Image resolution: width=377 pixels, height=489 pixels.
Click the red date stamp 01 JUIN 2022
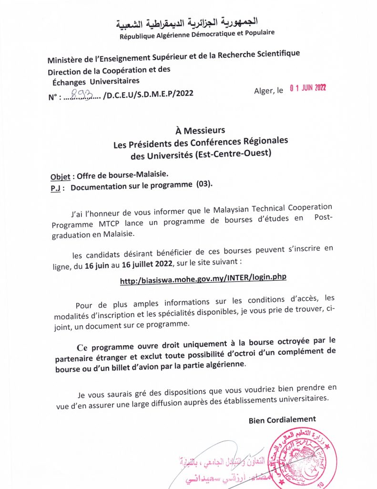(x=307, y=88)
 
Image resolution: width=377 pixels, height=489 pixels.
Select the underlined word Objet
(x=60, y=176)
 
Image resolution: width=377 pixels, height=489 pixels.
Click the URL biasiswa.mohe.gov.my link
(x=203, y=279)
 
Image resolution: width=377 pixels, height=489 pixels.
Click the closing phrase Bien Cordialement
(x=282, y=419)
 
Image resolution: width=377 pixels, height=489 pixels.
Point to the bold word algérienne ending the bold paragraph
(x=223, y=364)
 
